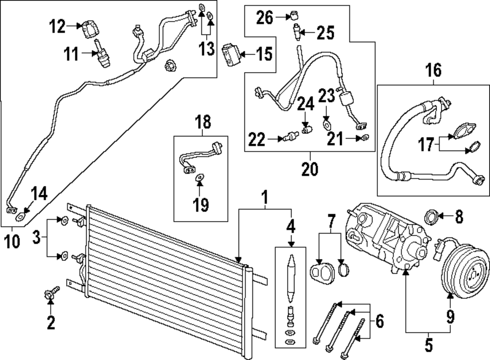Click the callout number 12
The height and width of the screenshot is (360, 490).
tap(57, 26)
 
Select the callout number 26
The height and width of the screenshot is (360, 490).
tap(265, 18)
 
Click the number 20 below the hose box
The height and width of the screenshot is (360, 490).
tap(310, 169)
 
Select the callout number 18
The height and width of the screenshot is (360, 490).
tap(203, 121)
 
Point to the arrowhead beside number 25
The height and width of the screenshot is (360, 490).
tap(302, 33)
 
